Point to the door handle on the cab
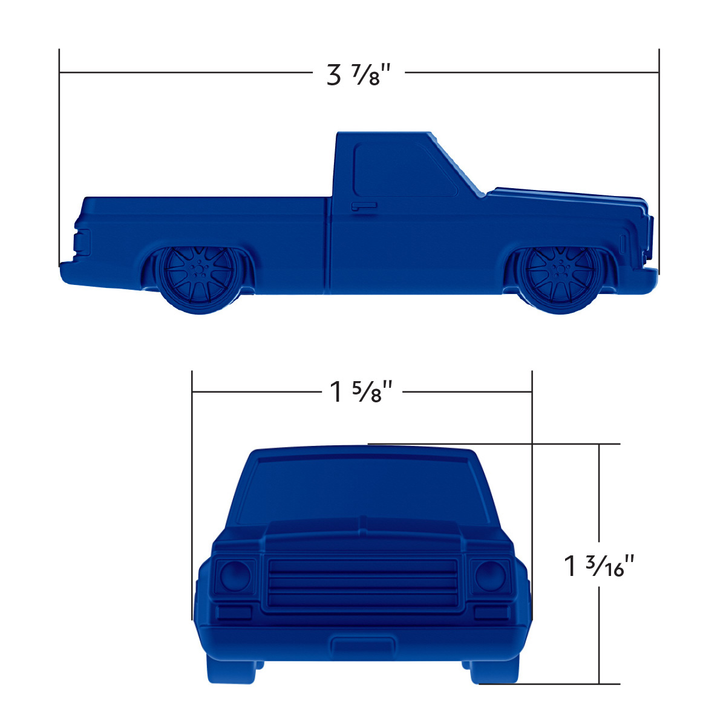364,206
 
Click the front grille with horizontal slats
362,583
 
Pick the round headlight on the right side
490,575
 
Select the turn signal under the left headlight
234,612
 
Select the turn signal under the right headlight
492,612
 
